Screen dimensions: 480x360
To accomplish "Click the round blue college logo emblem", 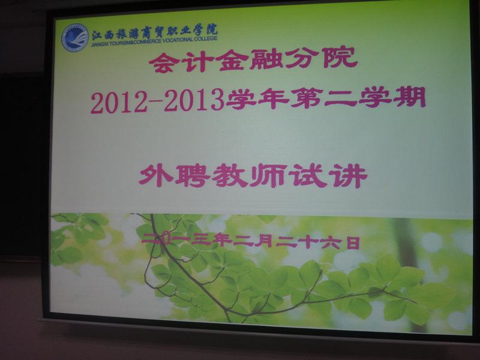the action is tap(75, 38).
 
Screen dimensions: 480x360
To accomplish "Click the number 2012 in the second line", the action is tap(119, 103).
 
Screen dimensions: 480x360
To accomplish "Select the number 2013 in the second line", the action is tap(193, 101).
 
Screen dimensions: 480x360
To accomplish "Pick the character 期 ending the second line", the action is tap(410, 97).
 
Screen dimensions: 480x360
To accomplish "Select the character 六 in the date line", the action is tap(333, 242).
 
